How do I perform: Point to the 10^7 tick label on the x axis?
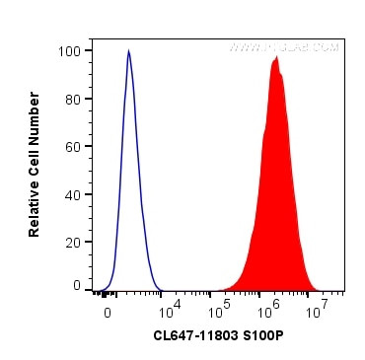[x=317, y=312]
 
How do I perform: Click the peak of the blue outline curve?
[x=129, y=51]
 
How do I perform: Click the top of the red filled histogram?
[x=277, y=57]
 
